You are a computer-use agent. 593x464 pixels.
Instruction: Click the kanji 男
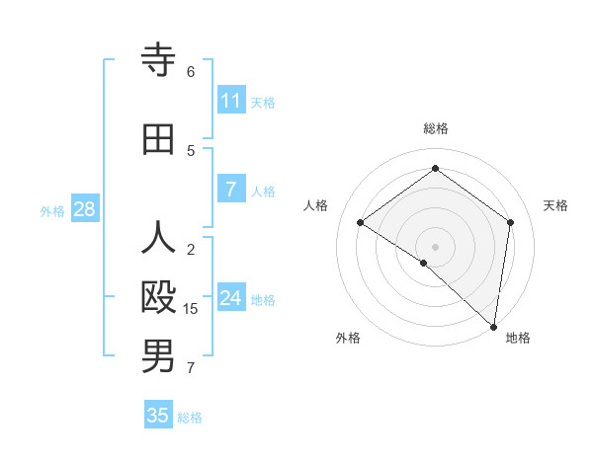click(x=158, y=356)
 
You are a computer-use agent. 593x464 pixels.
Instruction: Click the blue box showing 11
click(x=231, y=101)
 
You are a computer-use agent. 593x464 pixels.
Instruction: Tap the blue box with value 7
click(x=230, y=190)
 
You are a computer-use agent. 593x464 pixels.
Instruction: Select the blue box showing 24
click(x=231, y=298)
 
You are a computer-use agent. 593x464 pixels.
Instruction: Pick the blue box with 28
click(x=83, y=209)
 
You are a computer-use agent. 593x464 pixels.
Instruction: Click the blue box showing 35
click(x=158, y=416)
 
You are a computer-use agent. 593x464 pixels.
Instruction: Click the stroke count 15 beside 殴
click(x=191, y=309)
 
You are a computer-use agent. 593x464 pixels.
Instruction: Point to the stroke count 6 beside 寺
click(x=191, y=72)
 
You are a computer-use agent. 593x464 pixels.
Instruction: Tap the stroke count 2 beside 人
click(x=191, y=250)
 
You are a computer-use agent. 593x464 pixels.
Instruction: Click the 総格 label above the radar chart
click(x=435, y=128)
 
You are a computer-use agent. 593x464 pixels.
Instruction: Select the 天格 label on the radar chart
click(x=555, y=205)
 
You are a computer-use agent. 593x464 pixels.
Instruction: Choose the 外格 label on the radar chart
click(x=348, y=338)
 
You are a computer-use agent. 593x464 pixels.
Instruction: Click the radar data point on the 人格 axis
click(x=361, y=222)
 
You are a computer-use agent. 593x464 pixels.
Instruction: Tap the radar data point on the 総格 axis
click(x=435, y=169)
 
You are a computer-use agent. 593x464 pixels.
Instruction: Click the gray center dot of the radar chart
click(x=435, y=246)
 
